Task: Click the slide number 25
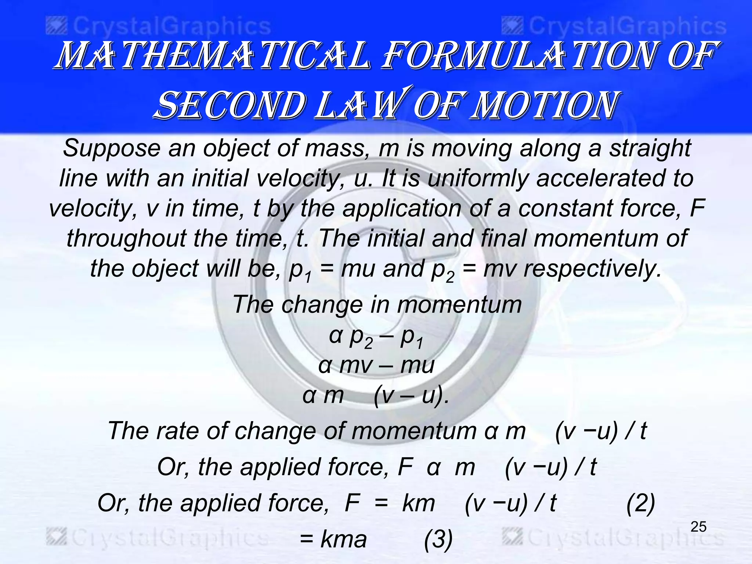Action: point(698,527)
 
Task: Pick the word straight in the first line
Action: point(650,148)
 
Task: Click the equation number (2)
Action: point(640,503)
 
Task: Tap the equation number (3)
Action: point(438,540)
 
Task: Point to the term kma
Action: point(344,539)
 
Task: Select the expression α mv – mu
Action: point(376,365)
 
